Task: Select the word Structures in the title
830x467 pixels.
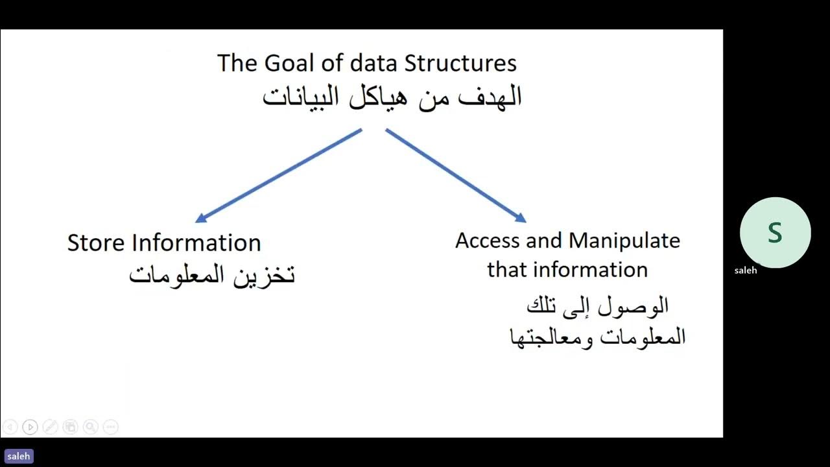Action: pyautogui.click(x=460, y=64)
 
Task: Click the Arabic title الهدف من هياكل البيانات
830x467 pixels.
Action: pyautogui.click(x=392, y=97)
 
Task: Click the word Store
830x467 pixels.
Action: pyautogui.click(x=97, y=243)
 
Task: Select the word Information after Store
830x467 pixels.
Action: pyautogui.click(x=196, y=243)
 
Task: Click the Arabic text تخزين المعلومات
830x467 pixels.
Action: pyautogui.click(x=212, y=274)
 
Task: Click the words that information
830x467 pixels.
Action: pyautogui.click(x=567, y=270)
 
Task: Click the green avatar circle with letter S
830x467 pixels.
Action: pyautogui.click(x=775, y=232)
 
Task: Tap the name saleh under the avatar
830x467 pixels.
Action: pyautogui.click(x=746, y=270)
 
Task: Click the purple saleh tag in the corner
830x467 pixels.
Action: pyautogui.click(x=18, y=457)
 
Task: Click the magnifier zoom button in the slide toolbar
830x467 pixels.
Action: pyautogui.click(x=91, y=427)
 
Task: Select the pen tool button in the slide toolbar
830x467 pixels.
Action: pyautogui.click(x=50, y=427)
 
